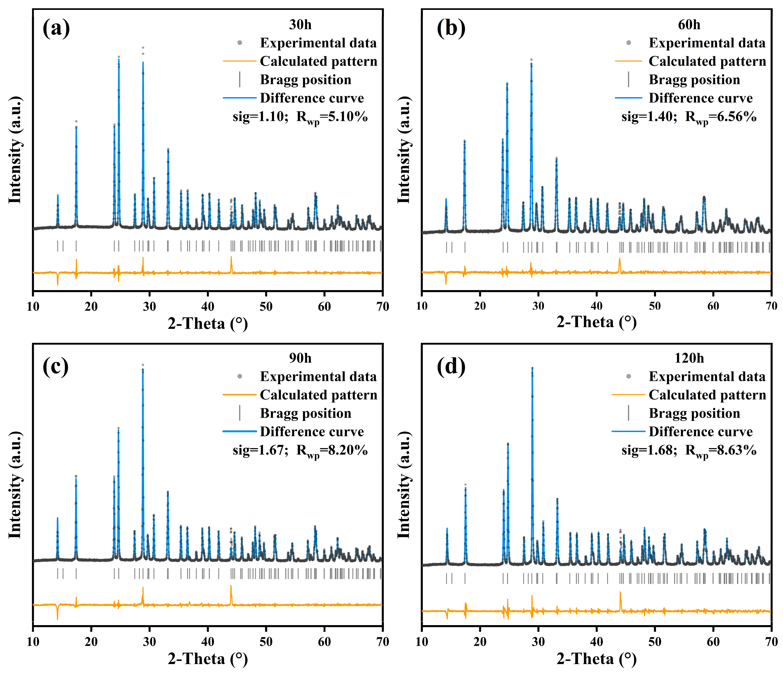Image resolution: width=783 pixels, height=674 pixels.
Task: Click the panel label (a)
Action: pyautogui.click(x=56, y=28)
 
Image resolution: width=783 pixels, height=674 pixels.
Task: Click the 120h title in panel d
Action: pyautogui.click(x=689, y=358)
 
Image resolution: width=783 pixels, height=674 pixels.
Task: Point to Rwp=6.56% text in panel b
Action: pyautogui.click(x=721, y=117)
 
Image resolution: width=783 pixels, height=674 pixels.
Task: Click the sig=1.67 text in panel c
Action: pyautogui.click(x=260, y=450)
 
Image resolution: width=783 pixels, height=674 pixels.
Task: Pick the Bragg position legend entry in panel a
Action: pyautogui.click(x=305, y=80)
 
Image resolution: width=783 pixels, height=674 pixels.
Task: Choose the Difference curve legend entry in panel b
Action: pyautogui.click(x=700, y=98)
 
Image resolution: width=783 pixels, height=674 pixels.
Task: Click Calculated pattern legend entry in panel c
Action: pyautogui.click(x=318, y=395)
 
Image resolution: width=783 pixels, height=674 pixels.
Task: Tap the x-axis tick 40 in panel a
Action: pyautogui.click(x=208, y=307)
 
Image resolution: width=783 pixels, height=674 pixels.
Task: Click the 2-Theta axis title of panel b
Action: pyautogui.click(x=596, y=322)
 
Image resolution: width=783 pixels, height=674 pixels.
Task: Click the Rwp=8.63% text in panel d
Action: pyautogui.click(x=721, y=451)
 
